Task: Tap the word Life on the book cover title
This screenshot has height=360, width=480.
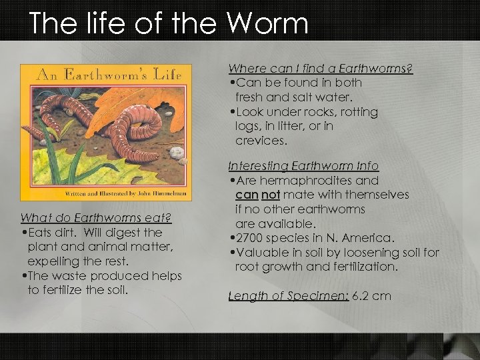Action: (166, 75)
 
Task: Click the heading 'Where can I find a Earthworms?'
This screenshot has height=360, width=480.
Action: (321, 69)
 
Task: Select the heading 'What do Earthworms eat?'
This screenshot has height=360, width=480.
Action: (96, 218)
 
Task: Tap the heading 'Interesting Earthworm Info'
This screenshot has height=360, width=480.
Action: (303, 166)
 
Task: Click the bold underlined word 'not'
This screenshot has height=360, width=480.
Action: (270, 195)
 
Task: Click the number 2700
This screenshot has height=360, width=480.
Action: (252, 238)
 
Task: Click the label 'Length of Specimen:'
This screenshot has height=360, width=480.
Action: (289, 295)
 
